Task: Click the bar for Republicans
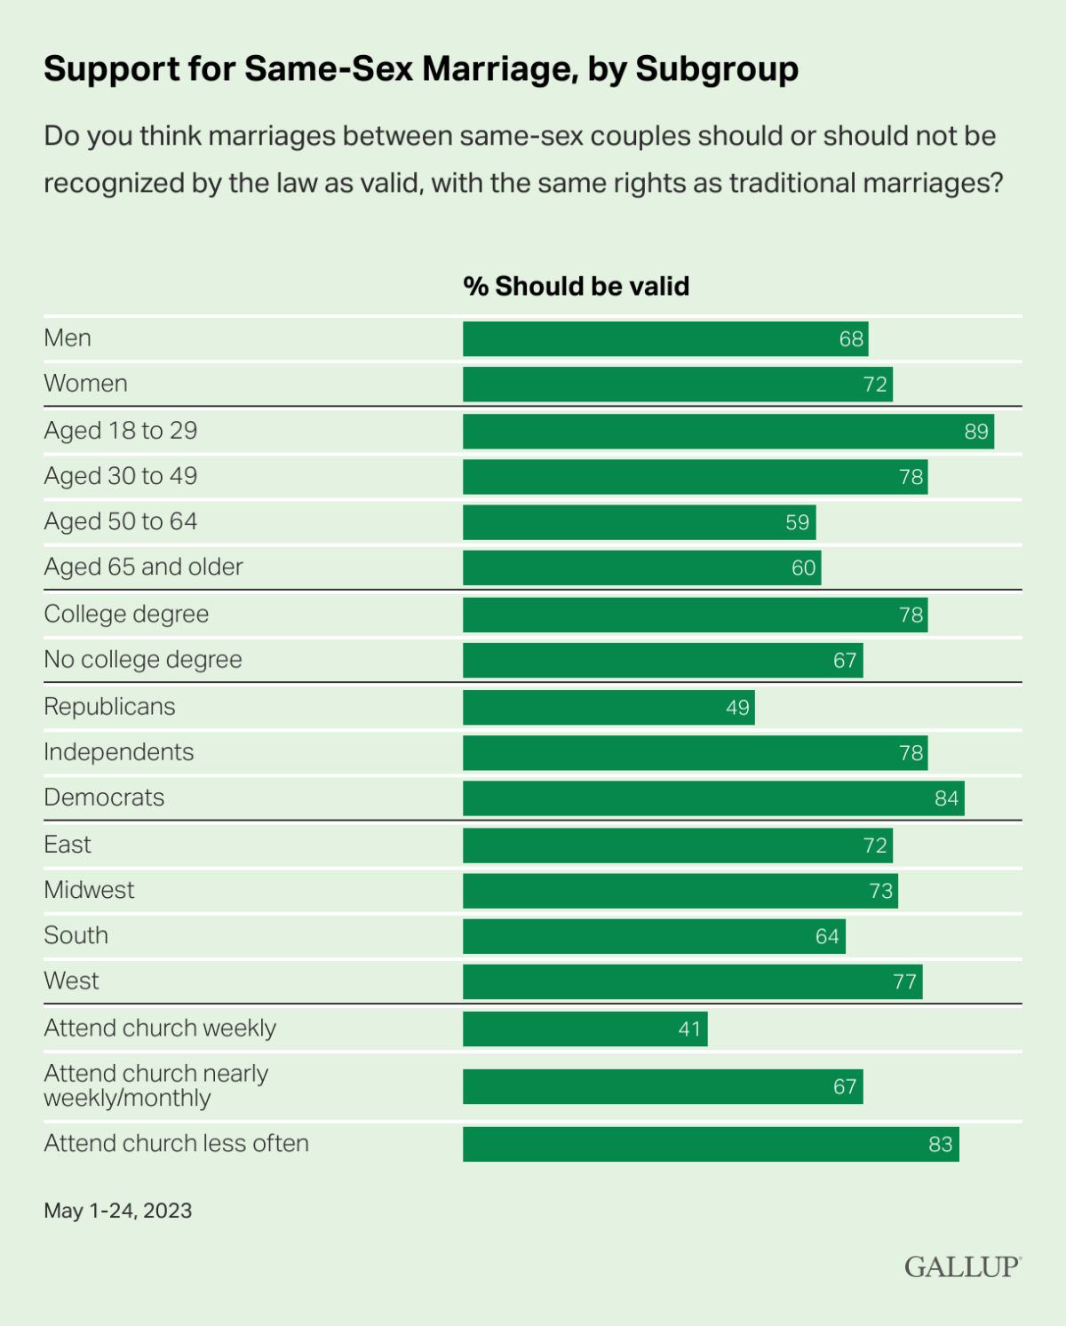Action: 609,708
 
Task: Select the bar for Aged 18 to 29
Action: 728,432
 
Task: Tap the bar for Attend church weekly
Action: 585,1029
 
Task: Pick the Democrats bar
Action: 712,798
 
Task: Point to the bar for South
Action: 654,937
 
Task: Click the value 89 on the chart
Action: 976,432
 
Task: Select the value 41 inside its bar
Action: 689,1029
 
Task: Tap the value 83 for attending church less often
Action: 940,1145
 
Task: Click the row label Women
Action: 86,384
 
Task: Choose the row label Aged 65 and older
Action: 143,568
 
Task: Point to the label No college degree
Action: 143,660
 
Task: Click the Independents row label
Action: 119,752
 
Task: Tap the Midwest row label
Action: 89,890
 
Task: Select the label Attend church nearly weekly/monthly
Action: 155,1085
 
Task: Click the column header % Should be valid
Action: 576,286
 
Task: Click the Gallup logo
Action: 962,1266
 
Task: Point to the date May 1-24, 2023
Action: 118,1211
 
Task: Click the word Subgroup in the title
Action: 717,69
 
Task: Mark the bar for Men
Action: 664,339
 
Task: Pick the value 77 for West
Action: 904,982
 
